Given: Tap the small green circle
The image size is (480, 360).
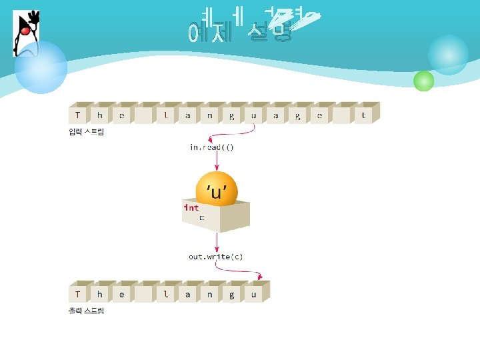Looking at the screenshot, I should point(423,81).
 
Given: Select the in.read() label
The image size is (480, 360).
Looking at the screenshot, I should point(211,147).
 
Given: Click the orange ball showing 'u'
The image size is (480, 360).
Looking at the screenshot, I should point(217,191).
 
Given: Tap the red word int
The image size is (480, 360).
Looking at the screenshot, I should point(191,207).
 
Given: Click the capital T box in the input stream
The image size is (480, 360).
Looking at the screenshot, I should point(78,115).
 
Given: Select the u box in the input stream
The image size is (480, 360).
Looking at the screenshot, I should point(253,115).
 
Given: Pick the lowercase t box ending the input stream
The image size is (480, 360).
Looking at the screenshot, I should point(363,115).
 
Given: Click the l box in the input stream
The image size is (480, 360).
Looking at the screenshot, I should point(166,115).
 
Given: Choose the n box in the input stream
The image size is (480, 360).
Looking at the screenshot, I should point(209,115).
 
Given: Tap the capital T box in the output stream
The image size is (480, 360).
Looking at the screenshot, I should point(78,294).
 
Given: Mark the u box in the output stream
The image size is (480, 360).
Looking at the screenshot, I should point(253,294).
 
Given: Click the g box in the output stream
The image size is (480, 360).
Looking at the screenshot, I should point(231,294).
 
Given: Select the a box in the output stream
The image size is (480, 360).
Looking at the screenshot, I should point(188,294).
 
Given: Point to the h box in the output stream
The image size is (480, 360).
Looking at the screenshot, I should point(100,294).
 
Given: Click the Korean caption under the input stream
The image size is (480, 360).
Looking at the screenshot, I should point(86,132).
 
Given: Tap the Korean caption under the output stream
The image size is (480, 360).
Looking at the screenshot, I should point(86,311).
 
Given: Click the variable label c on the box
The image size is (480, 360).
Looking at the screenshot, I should point(202,218).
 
